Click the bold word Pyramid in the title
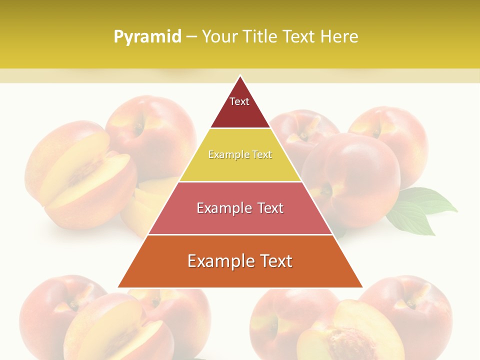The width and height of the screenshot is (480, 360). pyautogui.click(x=147, y=37)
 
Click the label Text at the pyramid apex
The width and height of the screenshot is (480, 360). pyautogui.click(x=239, y=101)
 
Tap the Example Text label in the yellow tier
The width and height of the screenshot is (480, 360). pyautogui.click(x=240, y=154)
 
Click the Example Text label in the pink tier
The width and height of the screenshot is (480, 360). pyautogui.click(x=240, y=208)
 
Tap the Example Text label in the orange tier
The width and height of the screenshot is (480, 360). pyautogui.click(x=240, y=261)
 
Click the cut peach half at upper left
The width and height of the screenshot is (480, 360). pyautogui.click(x=85, y=175)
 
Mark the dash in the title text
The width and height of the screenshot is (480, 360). pyautogui.click(x=191, y=37)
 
